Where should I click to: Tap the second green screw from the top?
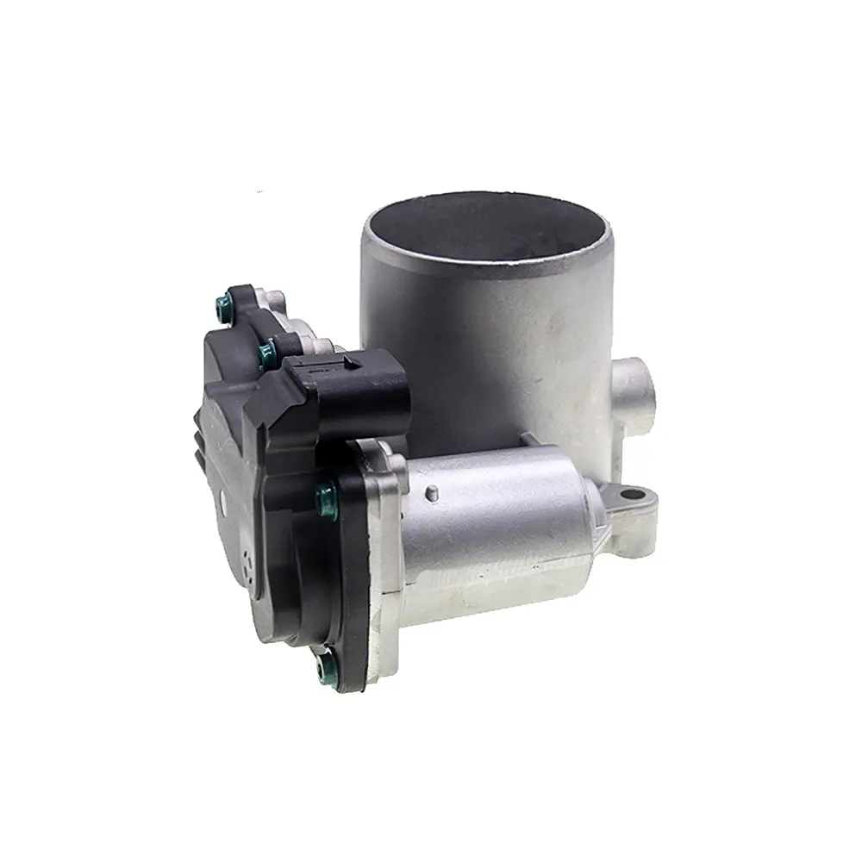tap(267, 348)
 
